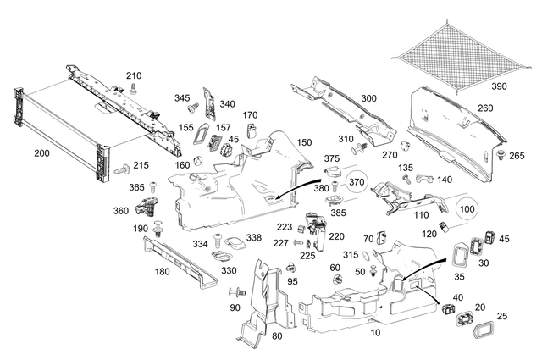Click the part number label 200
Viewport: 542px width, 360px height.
[41, 153]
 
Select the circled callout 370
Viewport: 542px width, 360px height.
[356, 181]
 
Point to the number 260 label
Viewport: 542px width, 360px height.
[485, 108]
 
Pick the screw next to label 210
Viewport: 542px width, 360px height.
[133, 87]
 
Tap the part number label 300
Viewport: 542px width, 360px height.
[368, 99]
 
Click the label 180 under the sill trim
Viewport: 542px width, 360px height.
[162, 272]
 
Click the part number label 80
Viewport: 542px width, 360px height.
[276, 335]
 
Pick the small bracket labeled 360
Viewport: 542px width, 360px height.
[151, 204]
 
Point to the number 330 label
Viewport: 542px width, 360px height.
[229, 270]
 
